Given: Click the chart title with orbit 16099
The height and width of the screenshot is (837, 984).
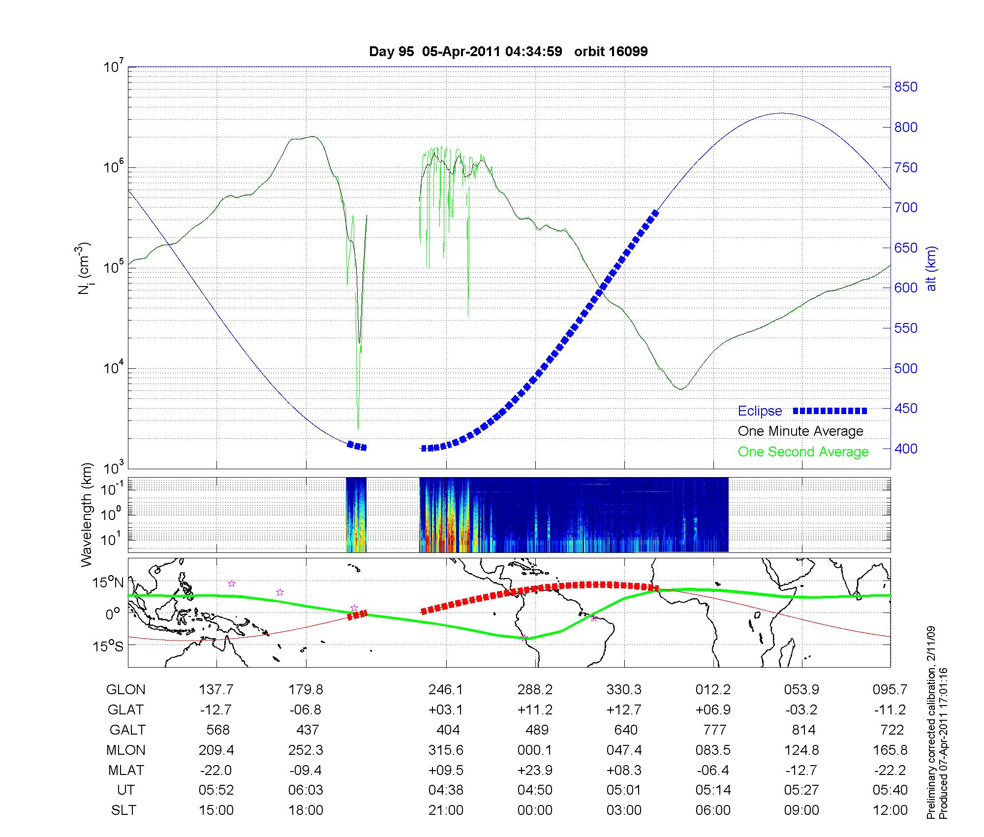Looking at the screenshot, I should (508, 52).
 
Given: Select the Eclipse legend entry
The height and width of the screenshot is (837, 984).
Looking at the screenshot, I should (760, 411).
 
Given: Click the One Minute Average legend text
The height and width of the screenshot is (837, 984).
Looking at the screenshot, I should (800, 431).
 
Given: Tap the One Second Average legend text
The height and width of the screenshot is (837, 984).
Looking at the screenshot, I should (803, 452).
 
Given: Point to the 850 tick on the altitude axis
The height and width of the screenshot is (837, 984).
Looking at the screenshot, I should (906, 87).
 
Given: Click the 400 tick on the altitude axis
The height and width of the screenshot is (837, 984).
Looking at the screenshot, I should (906, 449).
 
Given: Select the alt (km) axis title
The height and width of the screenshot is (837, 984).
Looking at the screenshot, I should (931, 268).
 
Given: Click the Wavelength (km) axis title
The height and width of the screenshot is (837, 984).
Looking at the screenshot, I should (87, 515).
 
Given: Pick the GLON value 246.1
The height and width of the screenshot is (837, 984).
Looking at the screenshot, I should (446, 689).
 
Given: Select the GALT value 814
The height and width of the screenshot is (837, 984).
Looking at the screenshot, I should (802, 730).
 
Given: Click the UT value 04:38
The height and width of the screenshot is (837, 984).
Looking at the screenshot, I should (446, 790).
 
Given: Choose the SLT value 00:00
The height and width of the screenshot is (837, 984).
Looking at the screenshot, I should (535, 810).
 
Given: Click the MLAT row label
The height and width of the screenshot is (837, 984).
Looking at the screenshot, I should (126, 770).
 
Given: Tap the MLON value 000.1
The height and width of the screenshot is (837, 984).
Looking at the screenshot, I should (535, 750).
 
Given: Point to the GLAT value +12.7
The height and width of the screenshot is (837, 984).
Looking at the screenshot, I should (624, 709).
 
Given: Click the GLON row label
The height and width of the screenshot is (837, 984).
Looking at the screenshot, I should (126, 689).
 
